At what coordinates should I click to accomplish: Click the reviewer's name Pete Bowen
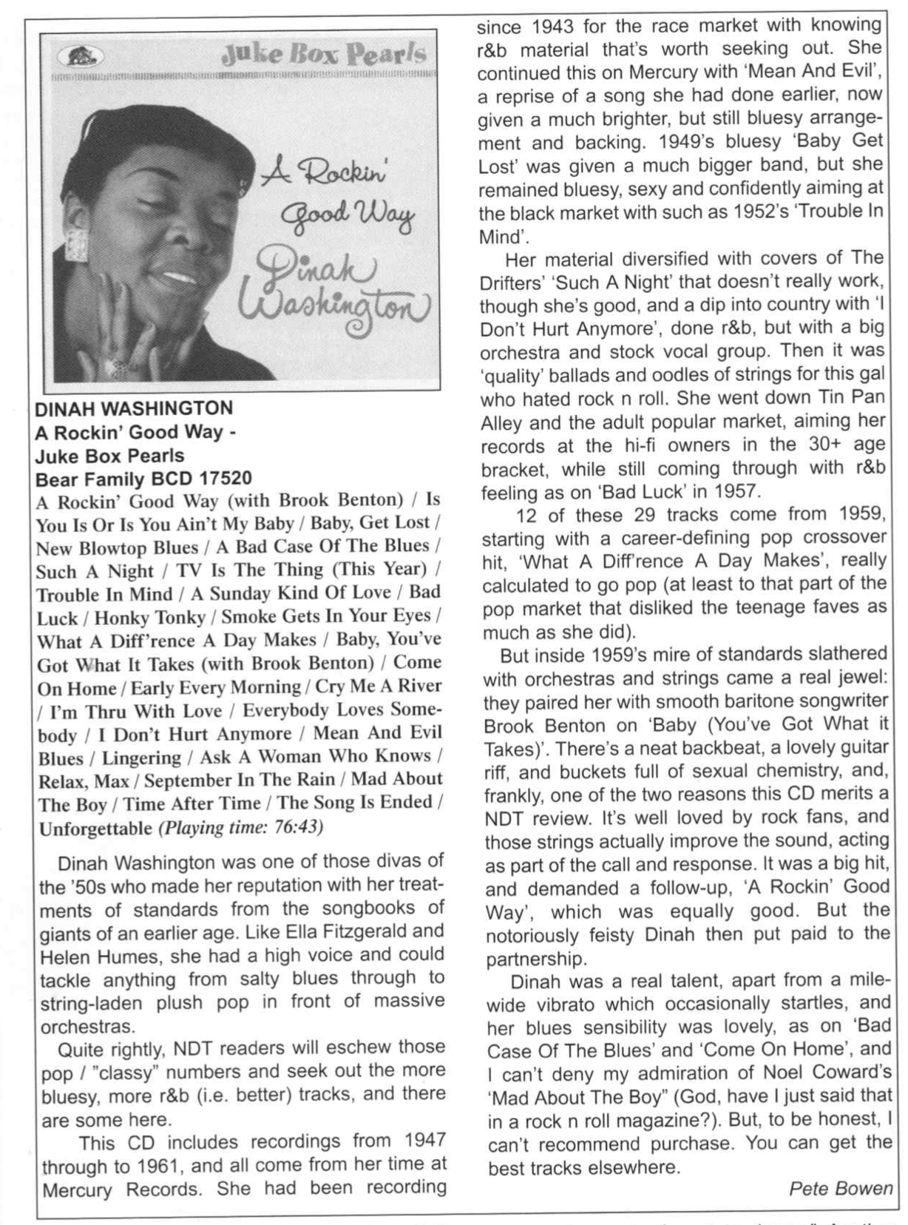pyautogui.click(x=841, y=1189)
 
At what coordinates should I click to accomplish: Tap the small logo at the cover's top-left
pyautogui.click(x=79, y=56)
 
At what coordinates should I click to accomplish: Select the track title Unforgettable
pyautogui.click(x=95, y=828)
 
